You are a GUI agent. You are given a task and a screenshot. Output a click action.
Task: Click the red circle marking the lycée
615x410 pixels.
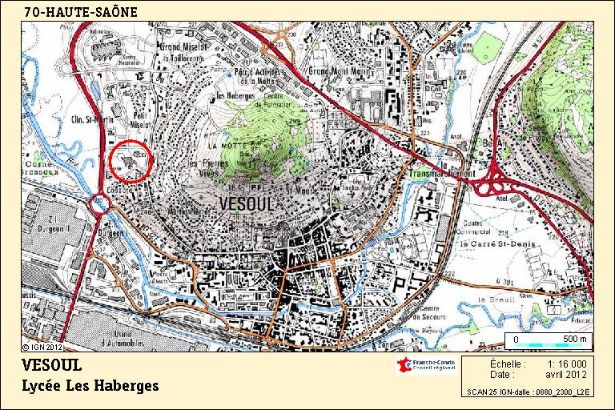pyautogui.click(x=130, y=161)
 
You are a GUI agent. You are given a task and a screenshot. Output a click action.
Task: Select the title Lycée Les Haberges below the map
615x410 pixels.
pyautogui.click(x=90, y=386)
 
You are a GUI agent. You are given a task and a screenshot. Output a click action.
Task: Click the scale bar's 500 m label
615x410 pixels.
pyautogui.click(x=574, y=340)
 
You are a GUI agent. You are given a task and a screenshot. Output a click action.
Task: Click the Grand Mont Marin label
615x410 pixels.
pyautogui.click(x=341, y=72)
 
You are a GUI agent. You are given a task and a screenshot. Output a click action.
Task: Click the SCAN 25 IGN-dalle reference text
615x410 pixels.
pyautogui.click(x=528, y=392)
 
